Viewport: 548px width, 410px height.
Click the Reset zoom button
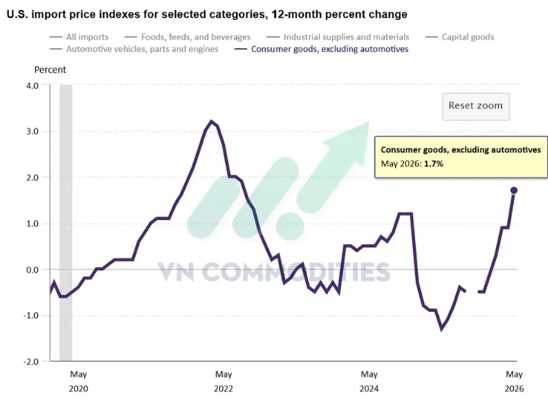click(475, 106)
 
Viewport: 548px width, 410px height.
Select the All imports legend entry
click(79, 37)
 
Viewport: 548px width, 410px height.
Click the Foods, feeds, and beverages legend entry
click(187, 37)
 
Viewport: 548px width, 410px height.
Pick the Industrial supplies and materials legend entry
click(338, 37)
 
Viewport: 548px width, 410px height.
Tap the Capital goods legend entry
click(460, 37)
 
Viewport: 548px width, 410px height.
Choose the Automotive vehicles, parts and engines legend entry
click(134, 49)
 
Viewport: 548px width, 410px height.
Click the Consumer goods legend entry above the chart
click(321, 49)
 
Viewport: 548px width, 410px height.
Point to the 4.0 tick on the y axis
click(32, 86)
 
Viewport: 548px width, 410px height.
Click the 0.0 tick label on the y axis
click(32, 269)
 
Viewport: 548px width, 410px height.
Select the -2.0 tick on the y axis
click(31, 362)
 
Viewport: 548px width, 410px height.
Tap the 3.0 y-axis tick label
click(32, 132)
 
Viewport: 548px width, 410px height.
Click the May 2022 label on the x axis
click(224, 381)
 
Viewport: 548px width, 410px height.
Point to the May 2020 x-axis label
click(78, 381)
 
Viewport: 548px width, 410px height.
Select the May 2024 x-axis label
click(369, 381)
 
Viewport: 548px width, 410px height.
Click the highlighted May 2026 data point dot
click(514, 191)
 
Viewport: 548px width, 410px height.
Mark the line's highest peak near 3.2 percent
click(211, 121)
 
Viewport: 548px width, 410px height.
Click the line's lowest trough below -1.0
click(442, 329)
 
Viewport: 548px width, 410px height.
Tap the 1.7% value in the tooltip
click(434, 164)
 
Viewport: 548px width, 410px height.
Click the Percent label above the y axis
click(50, 70)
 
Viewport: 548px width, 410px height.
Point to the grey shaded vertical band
click(66, 223)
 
